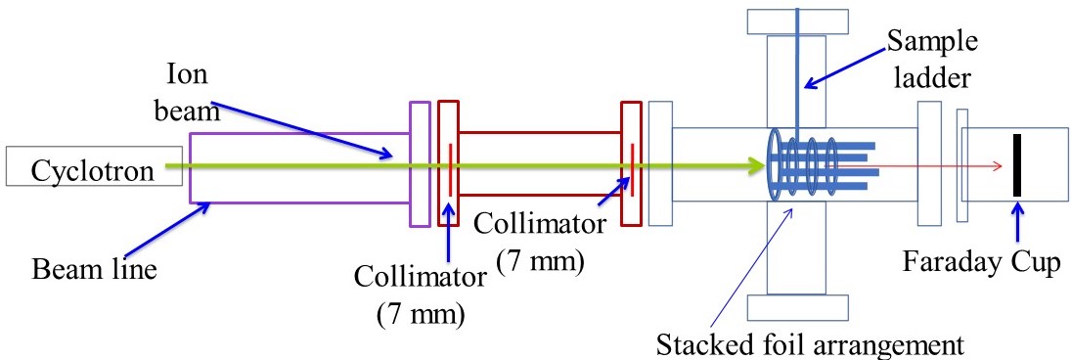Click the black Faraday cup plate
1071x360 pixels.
[1017, 166]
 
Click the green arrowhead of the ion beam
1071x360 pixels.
[755, 166]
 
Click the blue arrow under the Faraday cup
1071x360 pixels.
[1017, 226]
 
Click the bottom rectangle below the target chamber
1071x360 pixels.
[796, 307]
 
